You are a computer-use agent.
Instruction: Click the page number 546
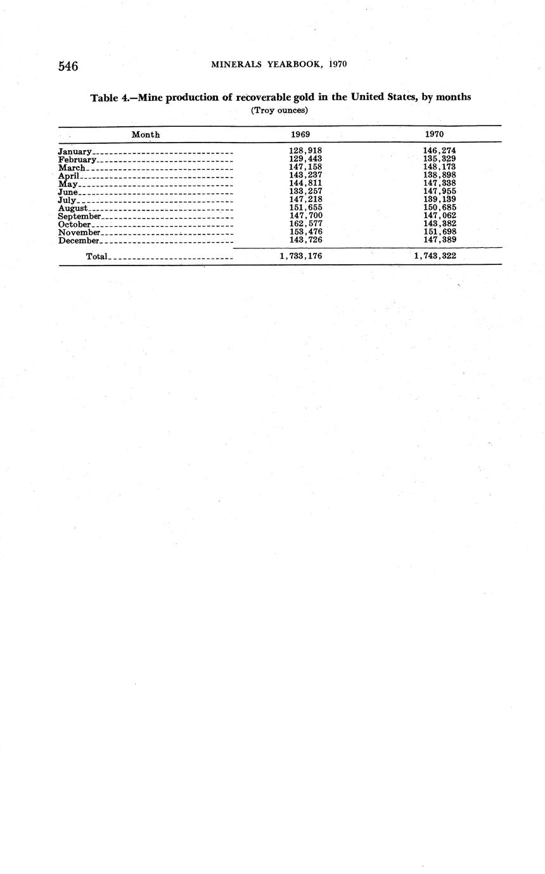(x=68, y=66)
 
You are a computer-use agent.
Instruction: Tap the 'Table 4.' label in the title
(x=111, y=98)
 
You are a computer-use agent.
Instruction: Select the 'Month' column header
(x=146, y=134)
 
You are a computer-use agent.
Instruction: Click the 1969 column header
(x=300, y=134)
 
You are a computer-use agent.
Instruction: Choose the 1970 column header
(x=434, y=134)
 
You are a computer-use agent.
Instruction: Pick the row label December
(x=79, y=241)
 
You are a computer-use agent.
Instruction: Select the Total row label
(x=97, y=256)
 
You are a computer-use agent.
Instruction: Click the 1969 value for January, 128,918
(x=305, y=151)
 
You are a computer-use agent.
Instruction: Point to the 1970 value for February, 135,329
(x=439, y=159)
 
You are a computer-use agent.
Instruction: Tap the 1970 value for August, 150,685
(x=439, y=208)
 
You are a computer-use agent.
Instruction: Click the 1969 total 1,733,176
(x=301, y=256)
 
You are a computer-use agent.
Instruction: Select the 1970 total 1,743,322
(x=435, y=256)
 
